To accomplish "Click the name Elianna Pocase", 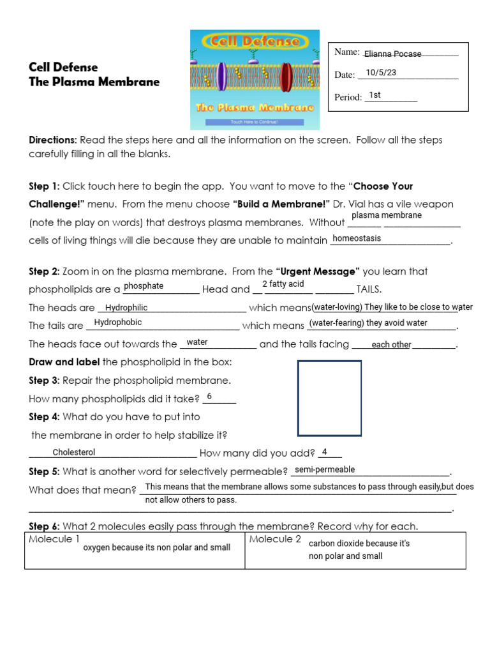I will click(392, 54).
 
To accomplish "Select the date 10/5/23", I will click(381, 73).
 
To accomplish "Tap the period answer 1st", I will click(375, 95).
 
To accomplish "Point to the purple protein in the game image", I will click(221, 77).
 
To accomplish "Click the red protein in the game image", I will click(286, 77).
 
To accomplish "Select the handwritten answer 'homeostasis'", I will click(357, 238).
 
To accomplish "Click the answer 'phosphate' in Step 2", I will click(144, 286).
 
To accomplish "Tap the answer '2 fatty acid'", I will click(283, 284).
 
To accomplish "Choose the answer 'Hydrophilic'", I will click(126, 308).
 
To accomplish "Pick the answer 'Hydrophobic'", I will click(118, 323).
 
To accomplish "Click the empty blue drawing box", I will click(329, 397).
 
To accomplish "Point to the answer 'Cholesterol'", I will click(74, 452).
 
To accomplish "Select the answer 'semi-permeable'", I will click(325, 469).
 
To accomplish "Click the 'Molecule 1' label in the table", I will click(54, 540).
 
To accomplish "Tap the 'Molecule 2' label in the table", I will click(275, 540).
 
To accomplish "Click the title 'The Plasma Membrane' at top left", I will click(94, 82).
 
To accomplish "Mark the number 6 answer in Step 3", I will click(209, 397).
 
